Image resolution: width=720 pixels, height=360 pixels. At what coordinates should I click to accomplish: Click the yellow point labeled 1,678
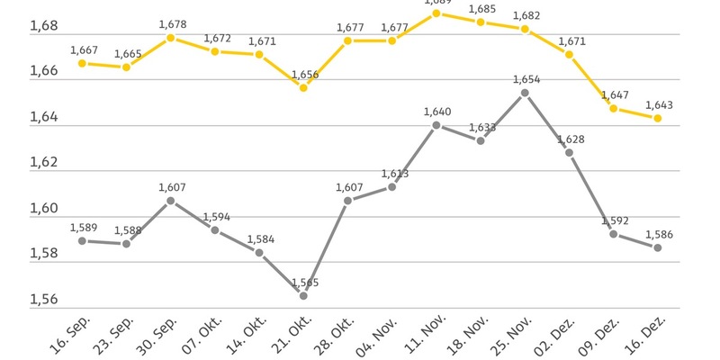[x=171, y=38]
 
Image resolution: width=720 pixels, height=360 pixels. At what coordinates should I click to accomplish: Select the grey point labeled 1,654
[x=525, y=92]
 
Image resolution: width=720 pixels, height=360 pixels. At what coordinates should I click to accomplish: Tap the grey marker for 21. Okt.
[x=303, y=295]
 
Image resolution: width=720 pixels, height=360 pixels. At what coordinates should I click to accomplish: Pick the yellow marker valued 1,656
[x=303, y=87]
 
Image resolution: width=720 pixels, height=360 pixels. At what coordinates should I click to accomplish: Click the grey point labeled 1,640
[x=436, y=125]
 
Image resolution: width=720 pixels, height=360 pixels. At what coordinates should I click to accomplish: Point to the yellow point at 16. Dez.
[x=658, y=118]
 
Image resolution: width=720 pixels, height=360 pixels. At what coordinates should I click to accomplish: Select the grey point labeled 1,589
[x=82, y=241]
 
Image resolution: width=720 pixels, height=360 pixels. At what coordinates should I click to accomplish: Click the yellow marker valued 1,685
[x=481, y=22]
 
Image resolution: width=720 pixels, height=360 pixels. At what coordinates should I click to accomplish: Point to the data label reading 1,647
[x=614, y=94]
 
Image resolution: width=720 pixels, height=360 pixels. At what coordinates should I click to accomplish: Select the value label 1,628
[x=571, y=139]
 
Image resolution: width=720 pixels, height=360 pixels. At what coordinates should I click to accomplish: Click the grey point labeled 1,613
[x=392, y=186]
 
